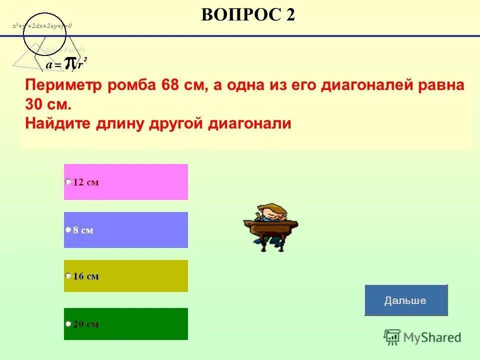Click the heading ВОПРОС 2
[248, 15]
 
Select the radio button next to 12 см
[68, 182]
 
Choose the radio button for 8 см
[68, 230]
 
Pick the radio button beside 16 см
[68, 275]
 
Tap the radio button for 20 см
[68, 323]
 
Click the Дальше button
[405, 300]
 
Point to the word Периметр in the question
[63, 85]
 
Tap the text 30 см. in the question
[48, 104]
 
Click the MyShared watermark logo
[422, 337]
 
